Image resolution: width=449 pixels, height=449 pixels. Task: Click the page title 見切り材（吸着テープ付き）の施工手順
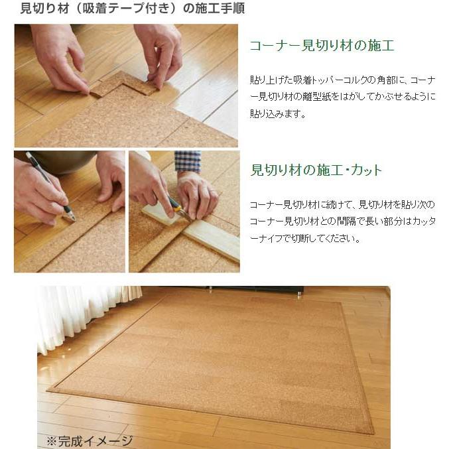(122, 9)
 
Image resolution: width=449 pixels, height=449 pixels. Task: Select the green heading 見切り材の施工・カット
(316, 170)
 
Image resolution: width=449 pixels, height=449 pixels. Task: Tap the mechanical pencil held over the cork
(49, 185)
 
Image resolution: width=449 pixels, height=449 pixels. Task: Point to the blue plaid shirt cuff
(188, 161)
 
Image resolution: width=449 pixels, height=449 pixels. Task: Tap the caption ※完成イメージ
(90, 440)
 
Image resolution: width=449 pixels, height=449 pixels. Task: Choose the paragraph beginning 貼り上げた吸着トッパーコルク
(342, 97)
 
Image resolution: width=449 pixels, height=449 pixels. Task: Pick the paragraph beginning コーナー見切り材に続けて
(342, 222)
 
